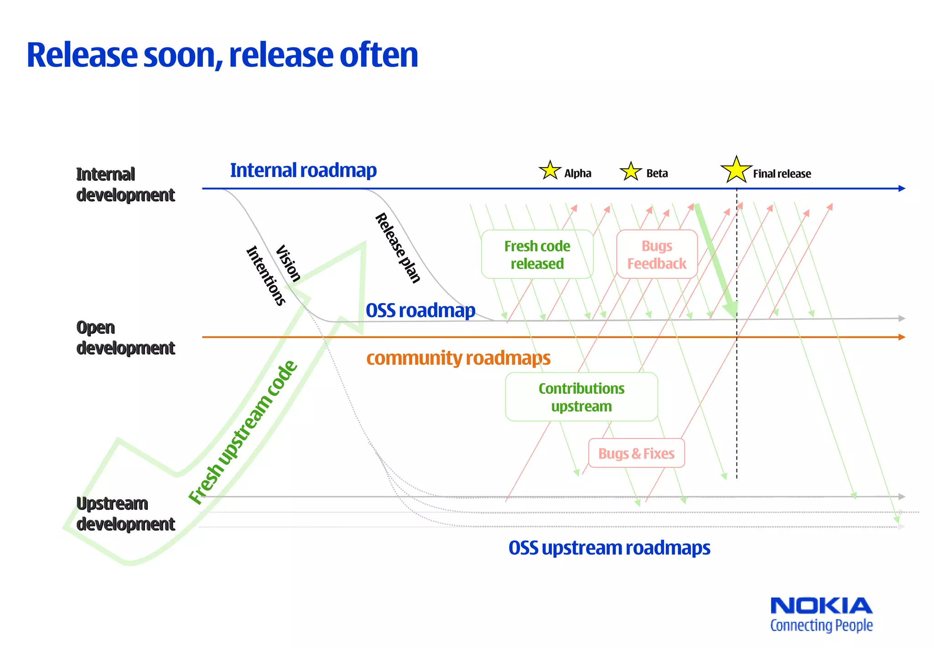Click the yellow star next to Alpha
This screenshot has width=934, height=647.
tap(550, 171)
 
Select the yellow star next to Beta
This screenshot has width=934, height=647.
tap(631, 172)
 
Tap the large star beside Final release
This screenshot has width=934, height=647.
tap(736, 170)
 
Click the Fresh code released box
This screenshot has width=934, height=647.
tap(537, 255)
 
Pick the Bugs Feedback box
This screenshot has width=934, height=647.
tap(657, 255)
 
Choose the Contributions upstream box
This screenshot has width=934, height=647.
tap(581, 397)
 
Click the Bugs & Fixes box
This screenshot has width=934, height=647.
tap(636, 454)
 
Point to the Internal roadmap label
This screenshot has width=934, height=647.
tap(303, 170)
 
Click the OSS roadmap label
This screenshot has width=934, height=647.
tap(420, 310)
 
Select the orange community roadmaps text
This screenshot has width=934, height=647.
tap(458, 358)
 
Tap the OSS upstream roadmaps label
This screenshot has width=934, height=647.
tap(609, 548)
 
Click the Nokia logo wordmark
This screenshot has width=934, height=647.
tap(821, 606)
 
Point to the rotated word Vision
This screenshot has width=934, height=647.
tap(288, 263)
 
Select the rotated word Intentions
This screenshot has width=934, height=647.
tap(266, 275)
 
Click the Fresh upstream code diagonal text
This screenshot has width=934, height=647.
tap(243, 433)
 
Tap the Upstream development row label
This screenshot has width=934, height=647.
tap(125, 514)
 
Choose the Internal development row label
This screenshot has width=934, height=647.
tap(125, 184)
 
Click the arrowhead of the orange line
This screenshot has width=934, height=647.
tap(902, 337)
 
